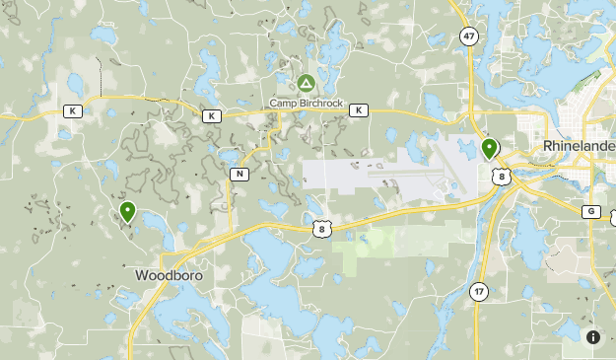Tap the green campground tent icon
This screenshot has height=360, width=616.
point(306,84)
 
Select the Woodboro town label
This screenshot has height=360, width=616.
point(170,275)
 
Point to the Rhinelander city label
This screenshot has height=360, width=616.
point(580,146)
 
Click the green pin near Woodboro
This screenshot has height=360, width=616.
point(127,211)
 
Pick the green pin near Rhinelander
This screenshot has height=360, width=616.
point(489,149)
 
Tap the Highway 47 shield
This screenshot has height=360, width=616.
point(468,36)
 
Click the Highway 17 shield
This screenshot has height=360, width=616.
point(479,292)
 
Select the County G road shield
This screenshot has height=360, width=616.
point(591,211)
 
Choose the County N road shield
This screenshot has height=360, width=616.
point(240,174)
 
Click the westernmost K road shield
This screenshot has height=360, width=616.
point(72,111)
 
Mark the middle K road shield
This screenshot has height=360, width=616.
point(212,116)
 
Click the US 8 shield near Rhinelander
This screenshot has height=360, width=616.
point(503,177)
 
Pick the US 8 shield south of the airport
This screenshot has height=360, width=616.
point(321,228)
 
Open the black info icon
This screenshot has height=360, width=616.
point(593,337)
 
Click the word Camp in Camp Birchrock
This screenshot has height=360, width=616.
point(284,102)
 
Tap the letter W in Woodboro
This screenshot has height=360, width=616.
point(141,275)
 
